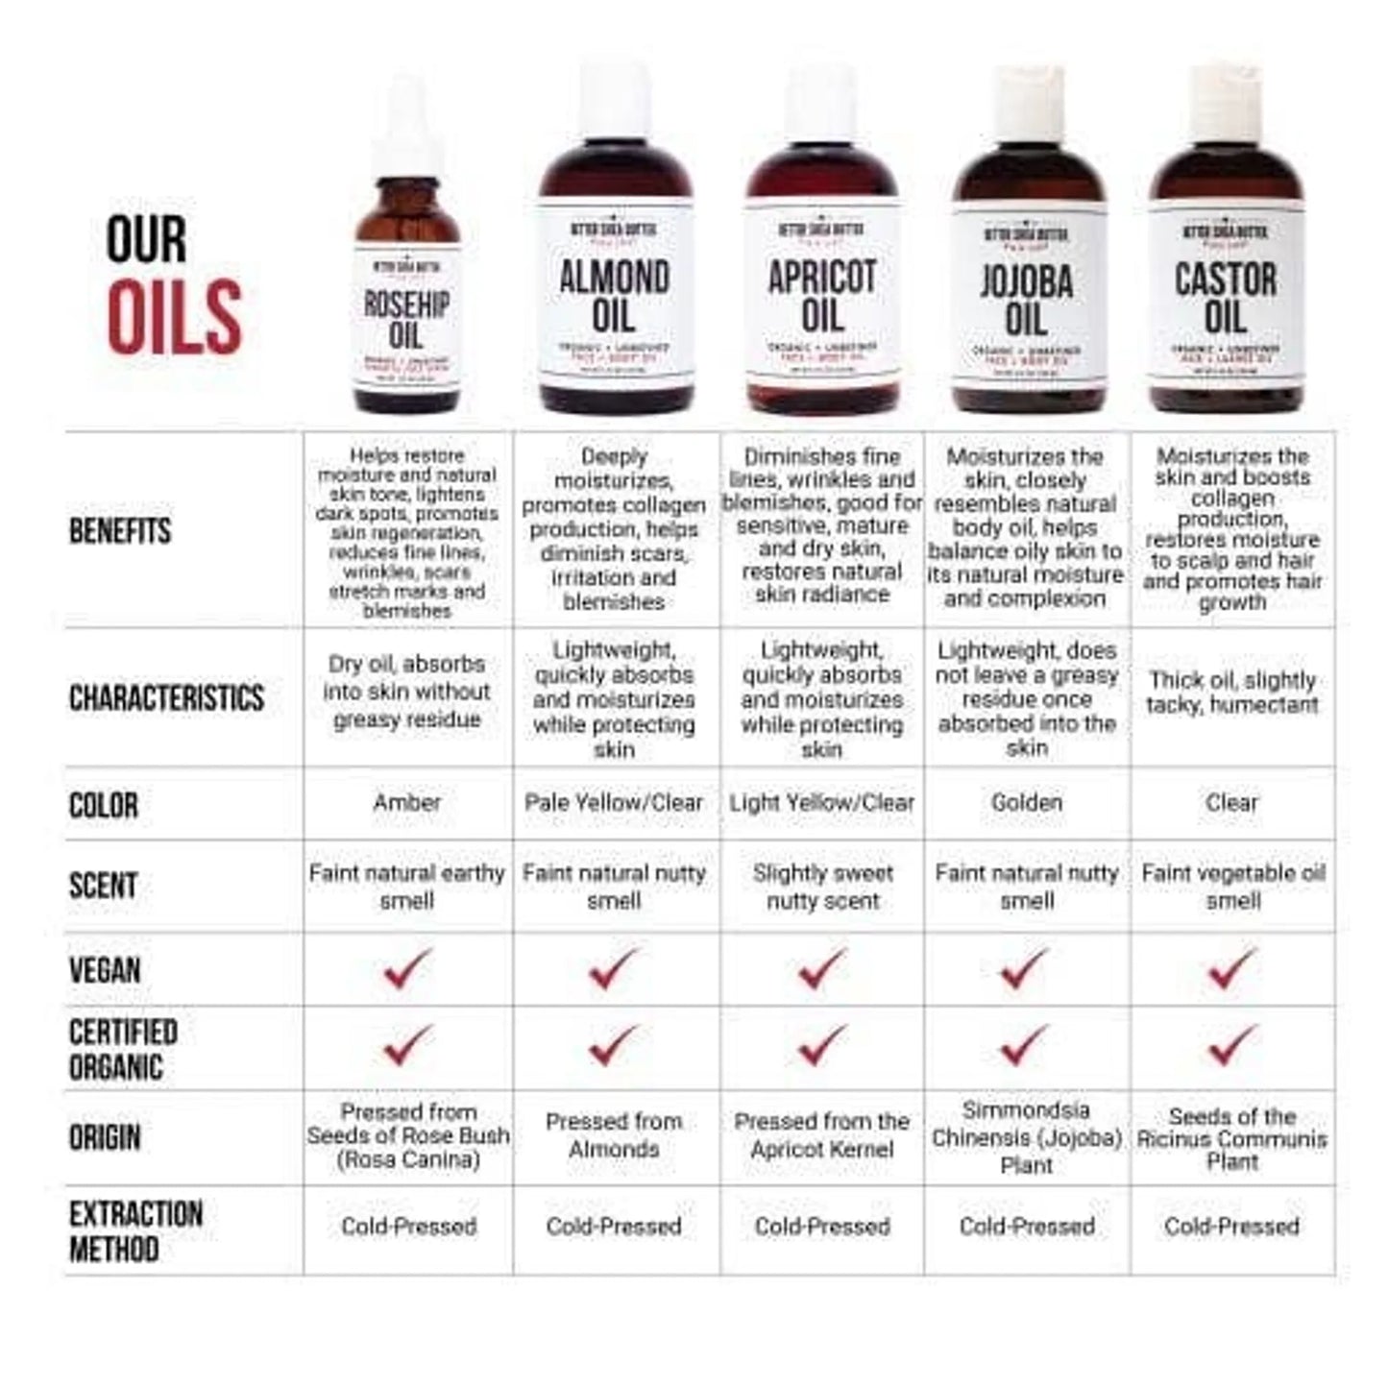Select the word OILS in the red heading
click(174, 316)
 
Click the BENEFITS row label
click(120, 531)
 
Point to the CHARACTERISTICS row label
click(166, 698)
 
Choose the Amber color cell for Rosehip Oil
click(407, 802)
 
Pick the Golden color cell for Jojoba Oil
click(1027, 802)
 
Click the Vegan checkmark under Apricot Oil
click(822, 969)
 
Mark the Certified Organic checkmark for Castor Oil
click(1232, 1045)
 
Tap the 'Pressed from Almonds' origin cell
click(614, 1135)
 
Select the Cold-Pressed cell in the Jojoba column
click(1027, 1227)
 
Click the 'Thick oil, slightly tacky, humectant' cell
click(1232, 693)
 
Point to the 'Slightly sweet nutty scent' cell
click(822, 887)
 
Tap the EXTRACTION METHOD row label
click(135, 1231)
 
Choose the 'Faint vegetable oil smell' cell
click(1232, 887)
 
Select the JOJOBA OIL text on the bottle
click(1027, 301)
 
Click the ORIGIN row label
click(105, 1138)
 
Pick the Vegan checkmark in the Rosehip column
click(407, 969)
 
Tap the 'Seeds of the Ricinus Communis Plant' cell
click(1232, 1139)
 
